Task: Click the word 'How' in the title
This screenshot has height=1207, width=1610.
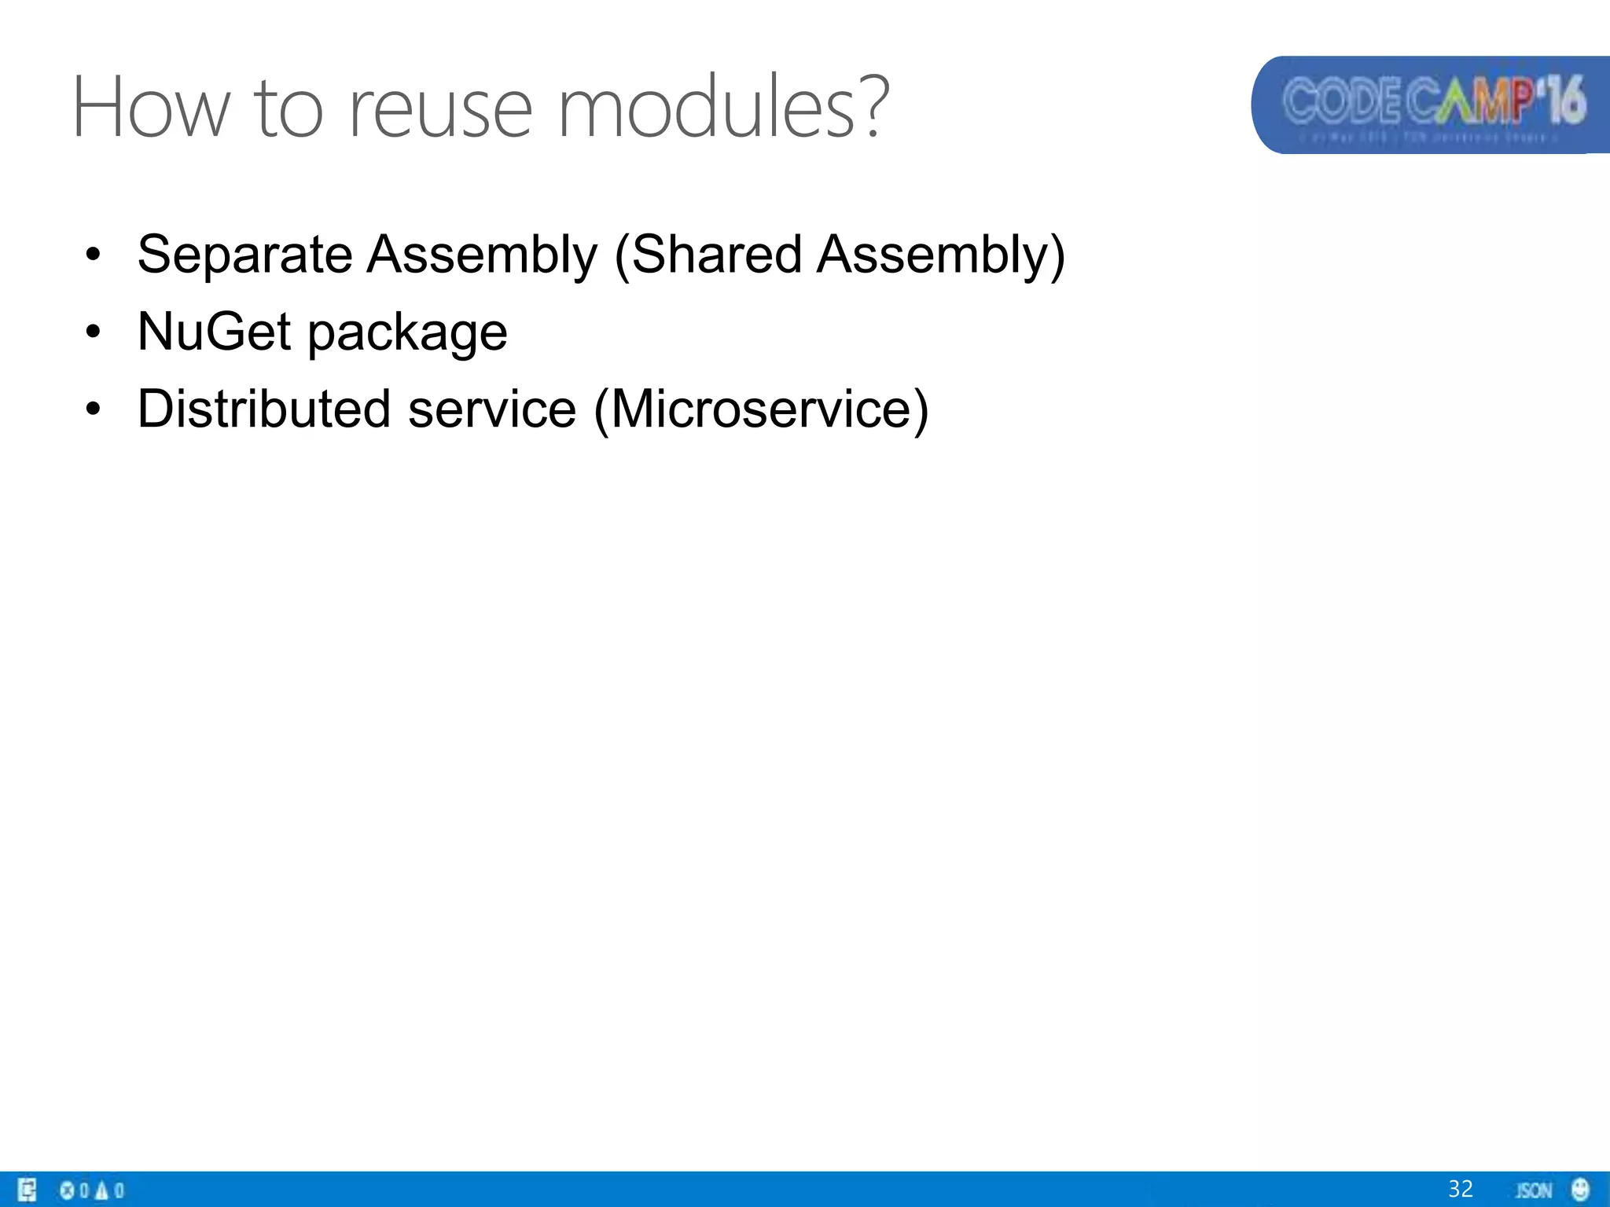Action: click(150, 108)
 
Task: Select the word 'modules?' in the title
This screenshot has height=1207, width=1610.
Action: click(723, 108)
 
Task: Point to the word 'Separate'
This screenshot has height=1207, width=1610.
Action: click(244, 255)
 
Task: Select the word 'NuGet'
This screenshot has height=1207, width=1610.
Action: click(214, 331)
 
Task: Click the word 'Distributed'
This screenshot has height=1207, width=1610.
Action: click(263, 409)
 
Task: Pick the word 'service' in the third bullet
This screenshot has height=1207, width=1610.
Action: click(492, 409)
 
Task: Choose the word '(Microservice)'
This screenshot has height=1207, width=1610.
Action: click(760, 410)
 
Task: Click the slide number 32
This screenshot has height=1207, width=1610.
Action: click(1460, 1189)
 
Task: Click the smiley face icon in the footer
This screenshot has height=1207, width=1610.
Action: click(1580, 1190)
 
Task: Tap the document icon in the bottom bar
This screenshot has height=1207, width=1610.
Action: click(27, 1190)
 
